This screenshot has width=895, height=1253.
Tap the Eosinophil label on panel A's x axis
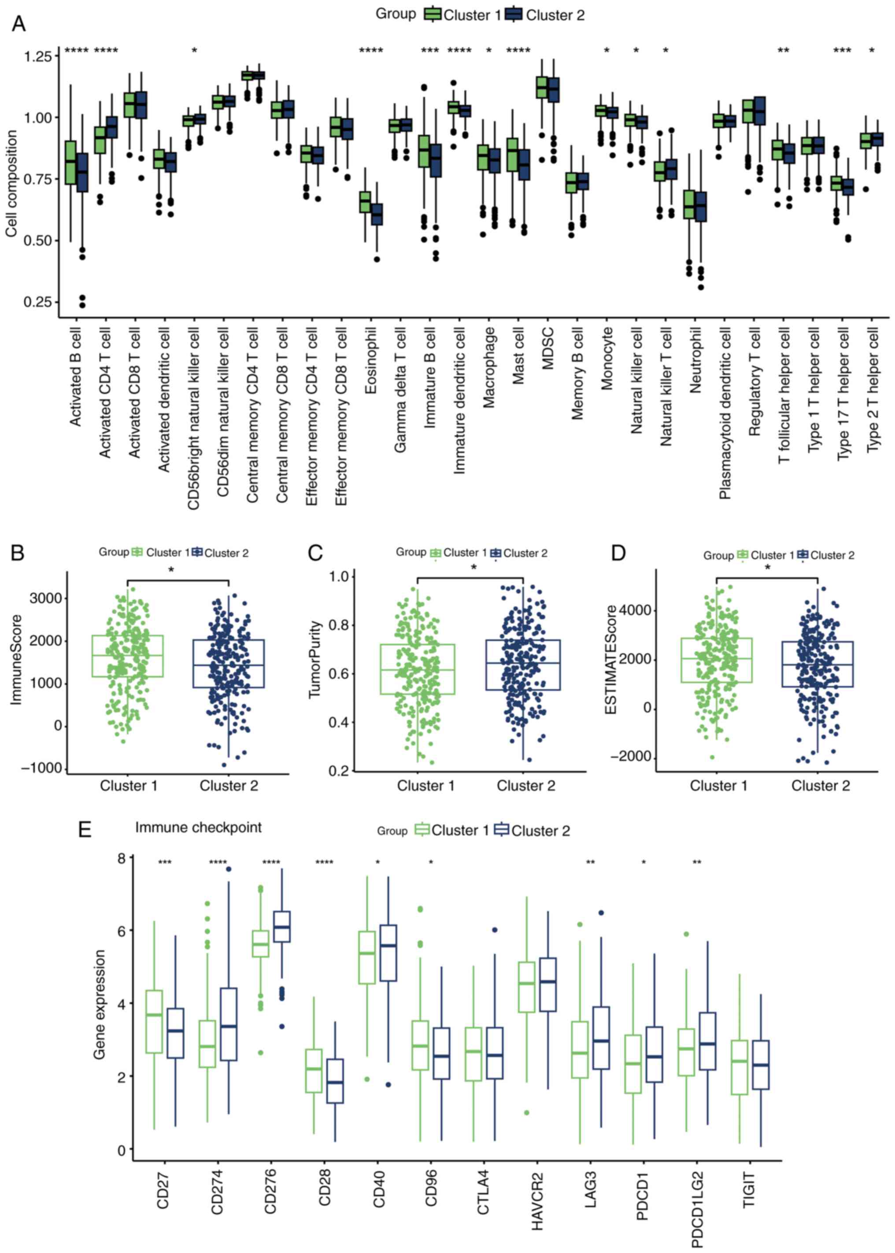coord(370,361)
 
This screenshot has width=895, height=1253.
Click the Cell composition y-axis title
coord(11,184)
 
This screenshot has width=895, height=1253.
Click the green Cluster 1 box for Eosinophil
coord(365,202)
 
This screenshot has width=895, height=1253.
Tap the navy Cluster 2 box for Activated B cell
coord(82,173)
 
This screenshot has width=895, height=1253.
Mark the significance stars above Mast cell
coord(518,51)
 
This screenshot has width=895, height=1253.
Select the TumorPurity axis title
coord(314,660)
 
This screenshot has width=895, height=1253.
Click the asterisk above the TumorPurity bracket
coord(473,567)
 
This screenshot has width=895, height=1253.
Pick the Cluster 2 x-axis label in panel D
coord(821,785)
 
